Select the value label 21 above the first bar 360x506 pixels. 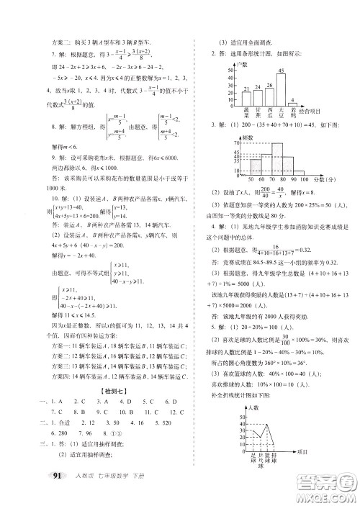(x=246, y=89)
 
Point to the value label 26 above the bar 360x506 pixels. (x=269, y=85)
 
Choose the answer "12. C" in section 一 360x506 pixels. (x=180, y=412)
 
